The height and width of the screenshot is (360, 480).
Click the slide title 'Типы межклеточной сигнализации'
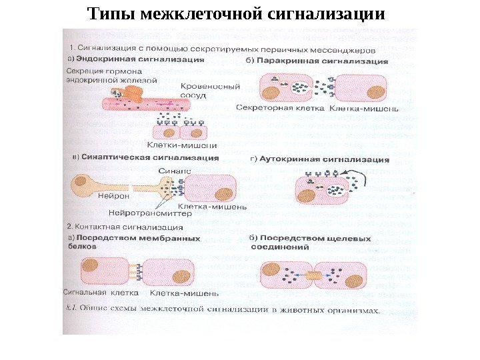coord(237,13)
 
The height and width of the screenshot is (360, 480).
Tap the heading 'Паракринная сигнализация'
coord(321,60)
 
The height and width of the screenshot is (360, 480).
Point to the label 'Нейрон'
coord(114,197)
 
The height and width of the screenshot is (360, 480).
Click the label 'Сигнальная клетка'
coord(101,292)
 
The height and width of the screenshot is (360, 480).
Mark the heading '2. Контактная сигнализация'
coord(117,227)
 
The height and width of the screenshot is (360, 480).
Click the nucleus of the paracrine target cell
coord(375,91)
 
